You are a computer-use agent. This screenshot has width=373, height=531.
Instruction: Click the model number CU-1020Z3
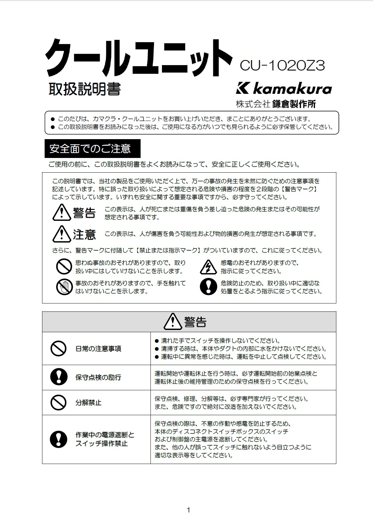coord(282,66)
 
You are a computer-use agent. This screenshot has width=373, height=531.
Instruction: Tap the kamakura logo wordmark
coord(284,88)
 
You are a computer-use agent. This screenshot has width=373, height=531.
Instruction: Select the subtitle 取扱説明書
coord(84,89)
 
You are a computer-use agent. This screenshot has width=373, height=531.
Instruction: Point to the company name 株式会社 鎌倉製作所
coord(276,104)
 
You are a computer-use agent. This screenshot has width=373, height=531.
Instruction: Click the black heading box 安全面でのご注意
coord(92,149)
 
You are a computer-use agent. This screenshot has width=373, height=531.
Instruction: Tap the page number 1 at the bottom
coord(188,510)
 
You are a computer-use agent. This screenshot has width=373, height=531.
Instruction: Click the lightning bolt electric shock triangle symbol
coord(208,267)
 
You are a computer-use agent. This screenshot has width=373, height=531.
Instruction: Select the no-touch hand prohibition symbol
coord(64,287)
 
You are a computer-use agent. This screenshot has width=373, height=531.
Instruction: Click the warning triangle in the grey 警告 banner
coord(172,322)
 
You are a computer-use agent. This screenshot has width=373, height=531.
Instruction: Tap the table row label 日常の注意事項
coord(98,349)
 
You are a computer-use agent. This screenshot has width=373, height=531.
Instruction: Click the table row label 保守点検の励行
coord(98,378)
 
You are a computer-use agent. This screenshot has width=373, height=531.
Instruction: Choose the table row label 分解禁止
coord(88,403)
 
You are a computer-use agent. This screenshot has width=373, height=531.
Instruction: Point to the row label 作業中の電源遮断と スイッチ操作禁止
coord(105,439)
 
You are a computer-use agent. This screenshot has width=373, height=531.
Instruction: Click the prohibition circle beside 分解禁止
coord(59,402)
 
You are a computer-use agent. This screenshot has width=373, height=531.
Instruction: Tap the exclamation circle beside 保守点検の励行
coord(59,377)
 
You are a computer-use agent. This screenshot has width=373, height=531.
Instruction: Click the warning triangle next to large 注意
coord(62,234)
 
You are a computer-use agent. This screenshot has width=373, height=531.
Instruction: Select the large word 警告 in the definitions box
coord(84,213)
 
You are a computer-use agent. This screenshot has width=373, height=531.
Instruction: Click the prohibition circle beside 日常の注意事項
coord(59,348)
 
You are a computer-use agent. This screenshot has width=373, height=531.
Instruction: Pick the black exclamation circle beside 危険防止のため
coord(208,287)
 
